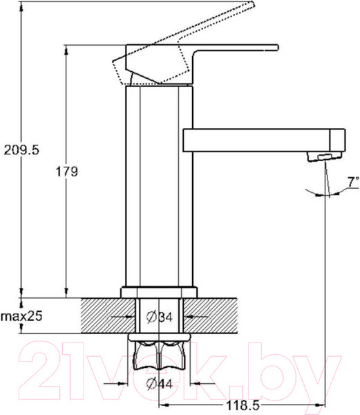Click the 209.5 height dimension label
[21, 150]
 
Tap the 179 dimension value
[66, 172]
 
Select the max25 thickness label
[21, 316]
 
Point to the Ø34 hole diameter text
[160, 317]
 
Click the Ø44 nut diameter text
[160, 383]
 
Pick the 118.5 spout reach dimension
[243, 405]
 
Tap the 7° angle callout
[353, 182]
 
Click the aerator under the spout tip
[324, 156]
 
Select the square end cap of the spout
[337, 140]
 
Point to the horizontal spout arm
[256, 140]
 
